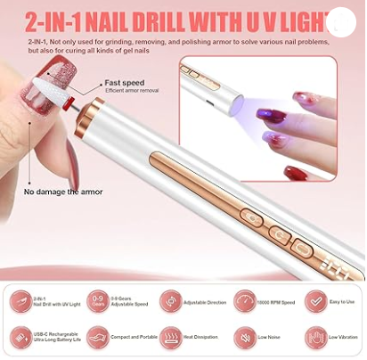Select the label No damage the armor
click(x=63, y=192)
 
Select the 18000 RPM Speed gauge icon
click(x=243, y=301)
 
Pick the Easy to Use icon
click(x=314, y=301)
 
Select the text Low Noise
click(x=270, y=338)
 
